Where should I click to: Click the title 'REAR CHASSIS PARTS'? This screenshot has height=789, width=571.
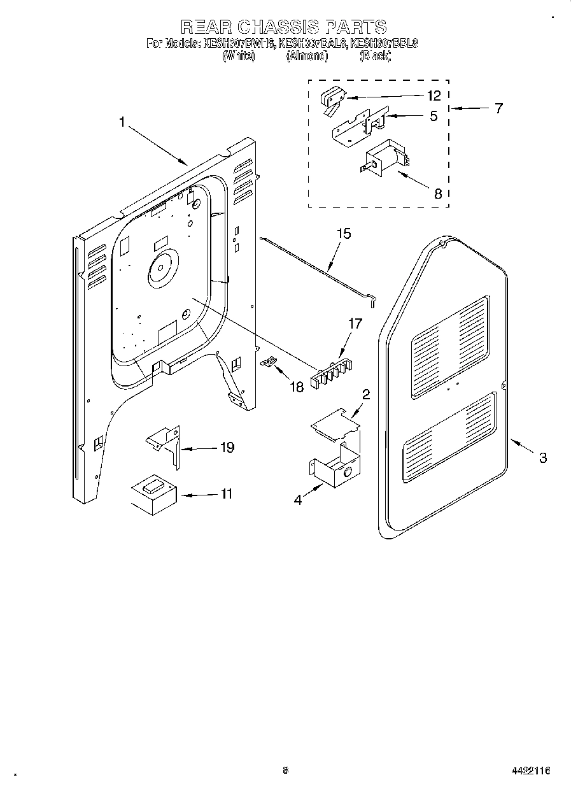pyautogui.click(x=283, y=27)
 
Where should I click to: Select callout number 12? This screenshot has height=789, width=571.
pyautogui.click(x=434, y=96)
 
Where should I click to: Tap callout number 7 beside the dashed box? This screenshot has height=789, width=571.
pyautogui.click(x=498, y=108)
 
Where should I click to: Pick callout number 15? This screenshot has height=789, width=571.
pyautogui.click(x=343, y=234)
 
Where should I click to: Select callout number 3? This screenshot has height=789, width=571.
pyautogui.click(x=542, y=457)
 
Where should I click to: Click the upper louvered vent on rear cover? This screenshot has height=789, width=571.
pyautogui.click(x=449, y=346)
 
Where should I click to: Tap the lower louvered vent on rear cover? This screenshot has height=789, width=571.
pyautogui.click(x=449, y=439)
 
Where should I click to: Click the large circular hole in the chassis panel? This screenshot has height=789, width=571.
pyautogui.click(x=162, y=267)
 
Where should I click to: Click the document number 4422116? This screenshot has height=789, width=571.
pyautogui.click(x=530, y=770)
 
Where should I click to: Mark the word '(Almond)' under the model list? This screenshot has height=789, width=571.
pyautogui.click(x=307, y=57)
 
